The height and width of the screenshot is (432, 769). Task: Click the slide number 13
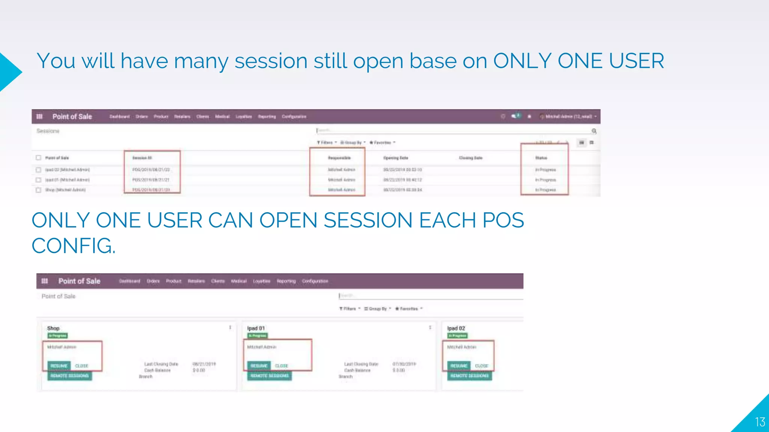[x=760, y=422]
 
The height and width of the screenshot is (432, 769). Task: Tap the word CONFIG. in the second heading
[x=73, y=246]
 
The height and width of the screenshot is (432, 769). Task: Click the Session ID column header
[x=142, y=158]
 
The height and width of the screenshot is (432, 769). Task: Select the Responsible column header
[x=339, y=158]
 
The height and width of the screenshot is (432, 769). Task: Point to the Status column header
[x=541, y=158]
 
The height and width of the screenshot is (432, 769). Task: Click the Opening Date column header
[x=395, y=158]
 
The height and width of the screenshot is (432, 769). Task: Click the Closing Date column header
[x=470, y=158]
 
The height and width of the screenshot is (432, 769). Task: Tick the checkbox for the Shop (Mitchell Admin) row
[x=38, y=190]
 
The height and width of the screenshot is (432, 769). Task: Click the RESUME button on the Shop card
[x=59, y=366]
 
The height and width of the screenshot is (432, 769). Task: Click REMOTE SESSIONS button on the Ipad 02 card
[x=469, y=376]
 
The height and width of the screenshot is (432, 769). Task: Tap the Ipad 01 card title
[x=256, y=328]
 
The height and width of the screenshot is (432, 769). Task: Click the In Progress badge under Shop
[x=57, y=336]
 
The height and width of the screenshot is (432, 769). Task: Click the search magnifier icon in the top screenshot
[x=594, y=131]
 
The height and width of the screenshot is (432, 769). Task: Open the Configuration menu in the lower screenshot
[x=315, y=281]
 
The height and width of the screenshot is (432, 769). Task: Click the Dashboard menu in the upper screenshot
[x=119, y=117]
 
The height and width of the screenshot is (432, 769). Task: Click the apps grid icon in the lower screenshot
[x=45, y=281]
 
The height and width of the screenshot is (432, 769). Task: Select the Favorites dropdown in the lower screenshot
[x=409, y=309]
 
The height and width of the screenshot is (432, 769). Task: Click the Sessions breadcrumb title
[x=48, y=131]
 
